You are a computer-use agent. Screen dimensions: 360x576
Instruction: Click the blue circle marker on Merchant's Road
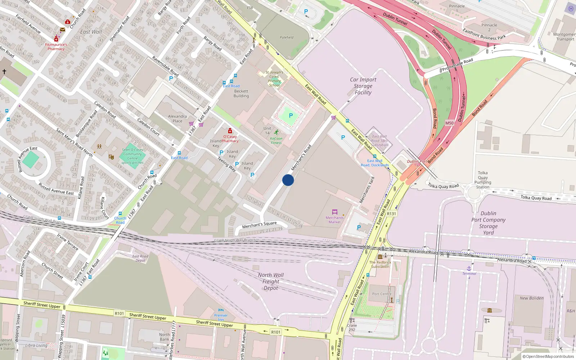click(288, 180)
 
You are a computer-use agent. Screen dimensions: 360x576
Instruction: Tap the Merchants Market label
click(334, 220)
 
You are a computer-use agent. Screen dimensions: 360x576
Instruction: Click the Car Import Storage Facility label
click(363, 86)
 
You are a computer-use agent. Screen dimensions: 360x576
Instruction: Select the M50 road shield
click(449, 123)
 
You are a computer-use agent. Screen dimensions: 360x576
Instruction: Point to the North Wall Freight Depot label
click(271, 281)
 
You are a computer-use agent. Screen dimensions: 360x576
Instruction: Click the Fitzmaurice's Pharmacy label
click(56, 47)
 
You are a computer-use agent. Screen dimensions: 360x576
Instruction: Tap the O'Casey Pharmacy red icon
click(230, 131)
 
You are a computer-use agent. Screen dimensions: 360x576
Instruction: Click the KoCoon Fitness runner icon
click(276, 132)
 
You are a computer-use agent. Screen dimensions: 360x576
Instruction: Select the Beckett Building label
click(241, 94)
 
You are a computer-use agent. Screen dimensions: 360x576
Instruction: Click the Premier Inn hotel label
click(221, 317)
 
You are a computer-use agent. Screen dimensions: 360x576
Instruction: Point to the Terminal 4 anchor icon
click(469, 269)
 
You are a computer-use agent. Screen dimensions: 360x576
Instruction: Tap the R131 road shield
click(391, 213)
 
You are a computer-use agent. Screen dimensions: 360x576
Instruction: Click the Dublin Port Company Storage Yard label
click(489, 223)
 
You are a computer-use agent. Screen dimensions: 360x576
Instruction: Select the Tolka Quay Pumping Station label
click(483, 180)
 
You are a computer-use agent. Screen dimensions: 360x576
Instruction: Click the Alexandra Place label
click(177, 118)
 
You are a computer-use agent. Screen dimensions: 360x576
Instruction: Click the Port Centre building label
click(382, 294)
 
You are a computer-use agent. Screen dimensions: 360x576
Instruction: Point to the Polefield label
click(287, 37)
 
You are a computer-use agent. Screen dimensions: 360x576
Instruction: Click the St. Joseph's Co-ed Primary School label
click(274, 78)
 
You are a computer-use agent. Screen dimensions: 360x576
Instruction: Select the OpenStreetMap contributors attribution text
click(548, 356)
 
